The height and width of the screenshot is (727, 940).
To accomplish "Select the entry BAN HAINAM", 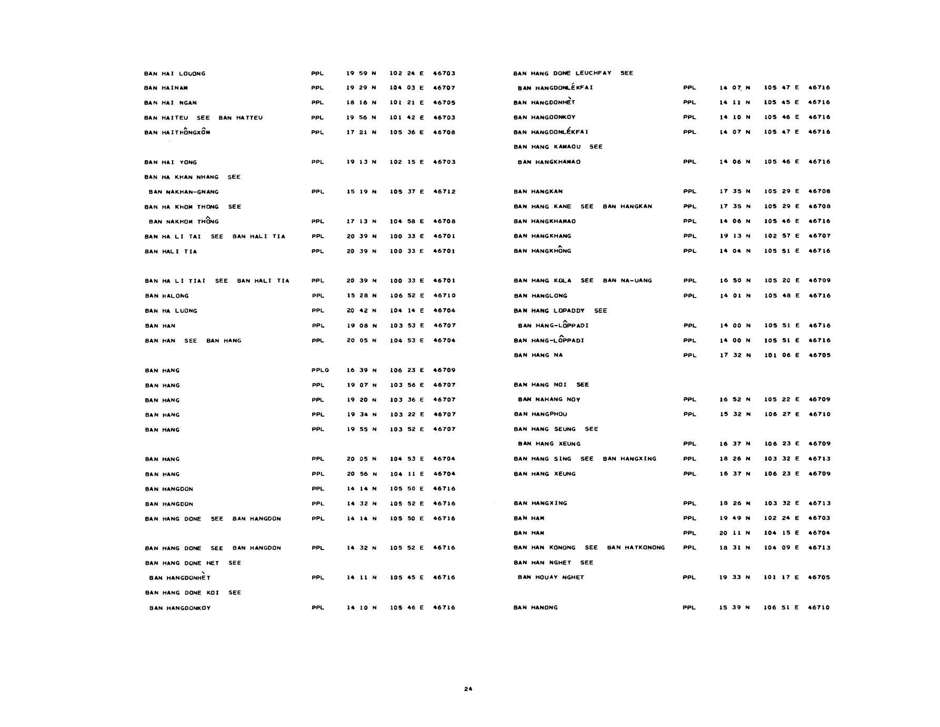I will tap(166, 88).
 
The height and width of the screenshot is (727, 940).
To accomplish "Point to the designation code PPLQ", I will tap(320, 370).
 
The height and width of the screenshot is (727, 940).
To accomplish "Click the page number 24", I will tap(468, 689).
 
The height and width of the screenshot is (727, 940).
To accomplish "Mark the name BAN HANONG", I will tap(535, 607).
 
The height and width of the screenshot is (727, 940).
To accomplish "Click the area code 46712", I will tap(444, 192).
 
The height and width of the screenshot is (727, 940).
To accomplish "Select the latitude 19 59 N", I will tap(361, 74).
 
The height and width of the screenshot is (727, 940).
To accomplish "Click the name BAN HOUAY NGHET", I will tap(551, 577).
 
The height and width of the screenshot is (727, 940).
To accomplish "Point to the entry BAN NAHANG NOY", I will tap(549, 399).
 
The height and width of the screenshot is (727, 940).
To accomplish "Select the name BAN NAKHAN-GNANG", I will tap(184, 192).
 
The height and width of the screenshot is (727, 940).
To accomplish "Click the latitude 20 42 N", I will tap(361, 311).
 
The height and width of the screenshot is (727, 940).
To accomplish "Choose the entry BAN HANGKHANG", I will tap(542, 236).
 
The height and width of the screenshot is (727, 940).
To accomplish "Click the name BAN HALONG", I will tap(166, 296).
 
